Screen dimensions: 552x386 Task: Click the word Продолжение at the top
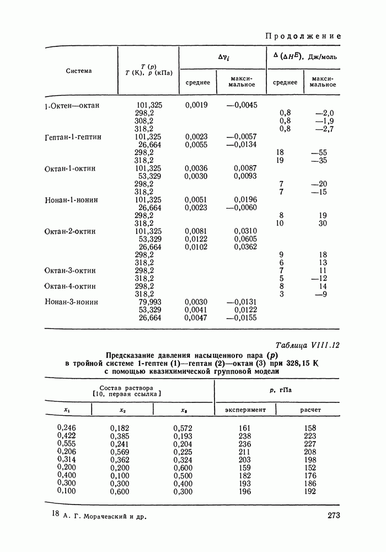pyautogui.click(x=303, y=36)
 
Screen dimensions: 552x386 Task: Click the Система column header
pyautogui.click(x=79, y=71)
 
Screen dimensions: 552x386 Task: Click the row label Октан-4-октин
pyautogui.click(x=70, y=286)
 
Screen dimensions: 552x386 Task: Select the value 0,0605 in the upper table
pyautogui.click(x=245, y=239)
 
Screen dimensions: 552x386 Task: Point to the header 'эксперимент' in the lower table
pyautogui.click(x=245, y=410)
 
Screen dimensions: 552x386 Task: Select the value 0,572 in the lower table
pyautogui.click(x=184, y=428)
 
